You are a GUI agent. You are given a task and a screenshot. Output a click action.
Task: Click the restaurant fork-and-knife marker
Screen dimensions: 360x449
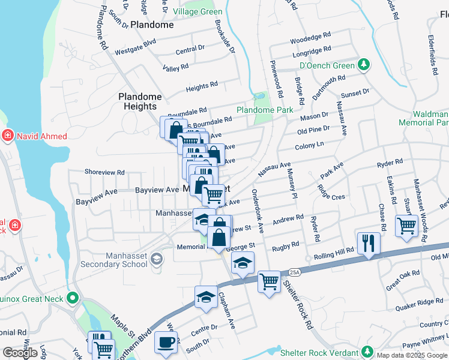pyautogui.click(x=367, y=243)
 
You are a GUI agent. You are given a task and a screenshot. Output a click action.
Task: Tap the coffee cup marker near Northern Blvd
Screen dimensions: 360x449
pyautogui.click(x=165, y=343)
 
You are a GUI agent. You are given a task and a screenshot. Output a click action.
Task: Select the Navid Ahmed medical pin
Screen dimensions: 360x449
pyautogui.click(x=8, y=135)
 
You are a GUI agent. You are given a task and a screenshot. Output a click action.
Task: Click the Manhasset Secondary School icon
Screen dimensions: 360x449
pyautogui.click(x=157, y=259)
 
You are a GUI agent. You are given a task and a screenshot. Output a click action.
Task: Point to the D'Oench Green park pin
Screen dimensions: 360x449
pyautogui.click(x=363, y=64)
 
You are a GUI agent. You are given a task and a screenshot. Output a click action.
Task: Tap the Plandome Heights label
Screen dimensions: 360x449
pyautogui.click(x=140, y=101)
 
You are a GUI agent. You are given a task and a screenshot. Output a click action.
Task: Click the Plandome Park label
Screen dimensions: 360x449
pyautogui.click(x=265, y=110)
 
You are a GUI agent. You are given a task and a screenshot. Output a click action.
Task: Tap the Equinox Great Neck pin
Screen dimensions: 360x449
pyautogui.click(x=73, y=298)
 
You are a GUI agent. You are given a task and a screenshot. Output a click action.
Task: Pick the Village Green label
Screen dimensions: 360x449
pyautogui.click(x=197, y=12)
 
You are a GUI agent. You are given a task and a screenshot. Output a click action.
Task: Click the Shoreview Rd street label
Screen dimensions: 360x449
pyautogui.click(x=104, y=172)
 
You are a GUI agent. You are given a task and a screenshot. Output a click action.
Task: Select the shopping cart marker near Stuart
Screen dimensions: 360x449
pyautogui.click(x=406, y=226)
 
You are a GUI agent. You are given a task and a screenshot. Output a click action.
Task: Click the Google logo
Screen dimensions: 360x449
pyautogui.click(x=20, y=353)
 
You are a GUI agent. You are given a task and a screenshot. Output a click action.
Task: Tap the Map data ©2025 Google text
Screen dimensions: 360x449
pyautogui.click(x=412, y=355)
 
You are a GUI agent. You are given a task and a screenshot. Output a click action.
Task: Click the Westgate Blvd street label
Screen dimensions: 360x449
pyautogui.click(x=136, y=43)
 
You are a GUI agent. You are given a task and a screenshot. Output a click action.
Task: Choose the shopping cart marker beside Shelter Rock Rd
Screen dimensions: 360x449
pyautogui.click(x=268, y=281)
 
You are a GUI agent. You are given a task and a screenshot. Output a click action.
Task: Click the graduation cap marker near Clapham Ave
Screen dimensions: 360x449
pyautogui.click(x=206, y=297)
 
